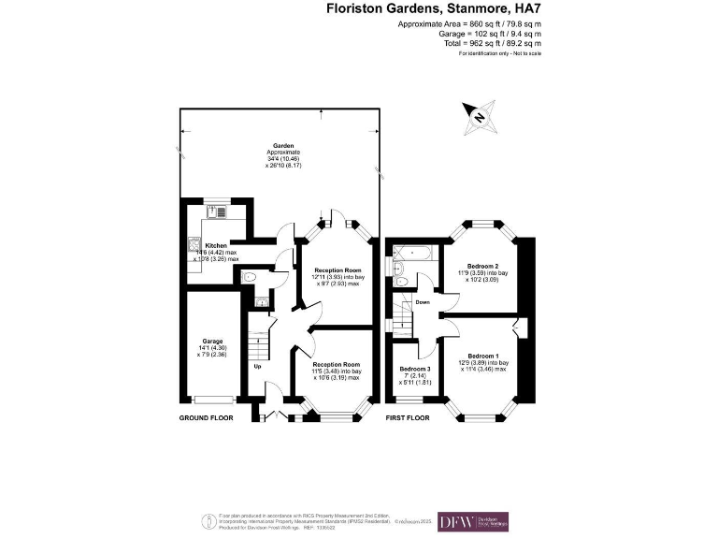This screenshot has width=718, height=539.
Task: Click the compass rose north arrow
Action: click(478, 117)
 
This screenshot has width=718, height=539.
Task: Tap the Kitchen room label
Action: click(216, 245)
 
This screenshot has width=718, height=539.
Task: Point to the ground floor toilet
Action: click(248, 277)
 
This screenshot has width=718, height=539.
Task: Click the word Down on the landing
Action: click(423, 302)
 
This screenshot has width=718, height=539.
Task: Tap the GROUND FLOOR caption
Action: click(206, 417)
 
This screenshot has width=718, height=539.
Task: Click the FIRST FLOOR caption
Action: click(408, 417)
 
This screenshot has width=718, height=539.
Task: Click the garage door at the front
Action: click(214, 401)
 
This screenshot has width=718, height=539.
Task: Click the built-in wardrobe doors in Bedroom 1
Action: click(520, 328)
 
